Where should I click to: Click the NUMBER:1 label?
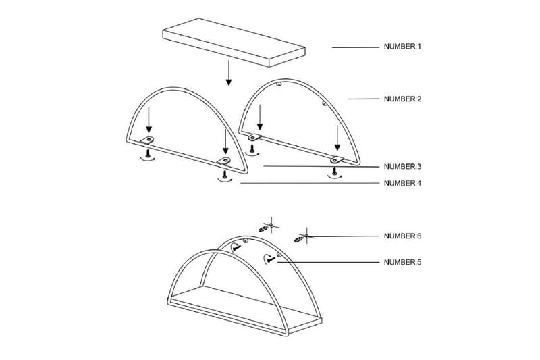click(x=402, y=46)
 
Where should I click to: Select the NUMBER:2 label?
click(x=402, y=99)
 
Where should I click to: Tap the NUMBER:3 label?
click(x=402, y=166)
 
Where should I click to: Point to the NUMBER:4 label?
click(x=402, y=183)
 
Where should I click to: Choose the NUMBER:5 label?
click(x=402, y=262)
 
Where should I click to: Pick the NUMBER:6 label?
click(x=402, y=236)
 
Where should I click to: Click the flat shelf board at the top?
click(x=234, y=42)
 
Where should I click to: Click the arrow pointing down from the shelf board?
click(x=229, y=73)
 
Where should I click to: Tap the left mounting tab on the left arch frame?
click(x=147, y=140)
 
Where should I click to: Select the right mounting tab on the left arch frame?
click(x=224, y=161)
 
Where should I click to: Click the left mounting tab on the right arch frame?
click(x=255, y=138)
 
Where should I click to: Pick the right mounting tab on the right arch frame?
click(x=337, y=159)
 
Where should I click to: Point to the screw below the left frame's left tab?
click(x=148, y=153)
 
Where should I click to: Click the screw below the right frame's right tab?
click(x=333, y=170)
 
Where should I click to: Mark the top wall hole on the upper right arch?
click(x=279, y=84)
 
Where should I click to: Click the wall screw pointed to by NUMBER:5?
click(x=271, y=259)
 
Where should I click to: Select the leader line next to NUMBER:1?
click(x=356, y=47)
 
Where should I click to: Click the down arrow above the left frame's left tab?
click(x=148, y=120)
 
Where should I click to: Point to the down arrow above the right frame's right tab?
click(x=337, y=138)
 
